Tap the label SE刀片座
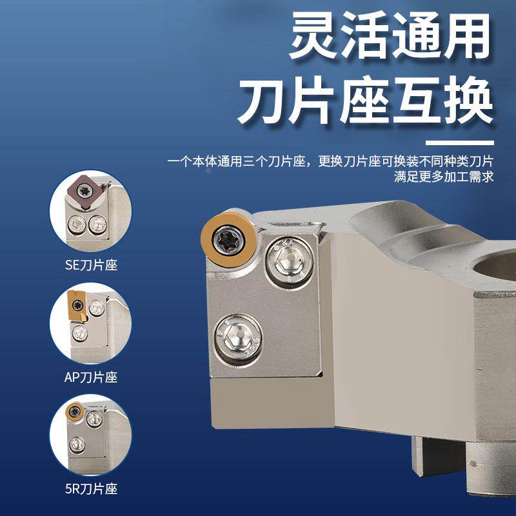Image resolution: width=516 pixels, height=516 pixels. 92,265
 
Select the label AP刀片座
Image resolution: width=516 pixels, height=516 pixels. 92,377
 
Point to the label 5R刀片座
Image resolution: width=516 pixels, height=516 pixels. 92,489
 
